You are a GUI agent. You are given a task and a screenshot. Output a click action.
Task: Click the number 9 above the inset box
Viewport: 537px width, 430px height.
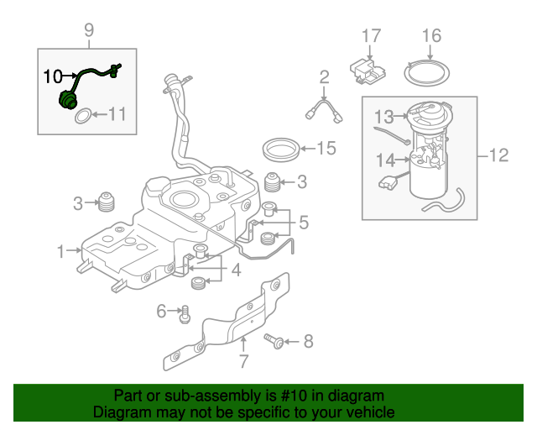click(x=88, y=31)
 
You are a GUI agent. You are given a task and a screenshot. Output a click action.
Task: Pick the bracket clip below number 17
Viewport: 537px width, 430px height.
click(x=367, y=68)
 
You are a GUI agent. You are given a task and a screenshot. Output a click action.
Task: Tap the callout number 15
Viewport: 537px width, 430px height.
click(x=325, y=149)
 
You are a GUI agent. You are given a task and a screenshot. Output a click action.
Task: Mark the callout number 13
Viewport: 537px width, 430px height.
click(x=383, y=116)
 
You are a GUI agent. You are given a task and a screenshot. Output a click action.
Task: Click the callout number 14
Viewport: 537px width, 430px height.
click(x=385, y=160)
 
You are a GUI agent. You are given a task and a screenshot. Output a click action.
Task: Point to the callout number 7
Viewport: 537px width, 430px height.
click(x=243, y=362)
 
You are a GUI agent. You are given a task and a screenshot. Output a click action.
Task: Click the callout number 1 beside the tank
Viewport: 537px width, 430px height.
click(x=60, y=250)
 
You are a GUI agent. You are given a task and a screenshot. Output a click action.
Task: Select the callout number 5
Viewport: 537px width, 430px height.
click(x=303, y=223)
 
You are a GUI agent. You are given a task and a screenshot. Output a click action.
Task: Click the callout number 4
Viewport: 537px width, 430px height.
click(x=236, y=270)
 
